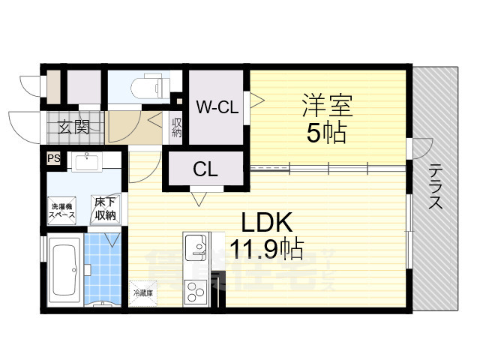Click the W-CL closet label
pos(217,107)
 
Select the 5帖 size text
pos(326,133)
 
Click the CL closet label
pos(205,170)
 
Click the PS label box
pos(53,158)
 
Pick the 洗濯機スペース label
pos(62,210)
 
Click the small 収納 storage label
pos(176,128)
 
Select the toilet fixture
pos(146,86)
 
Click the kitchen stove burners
pos(194,291)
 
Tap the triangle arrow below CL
pos(199,199)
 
